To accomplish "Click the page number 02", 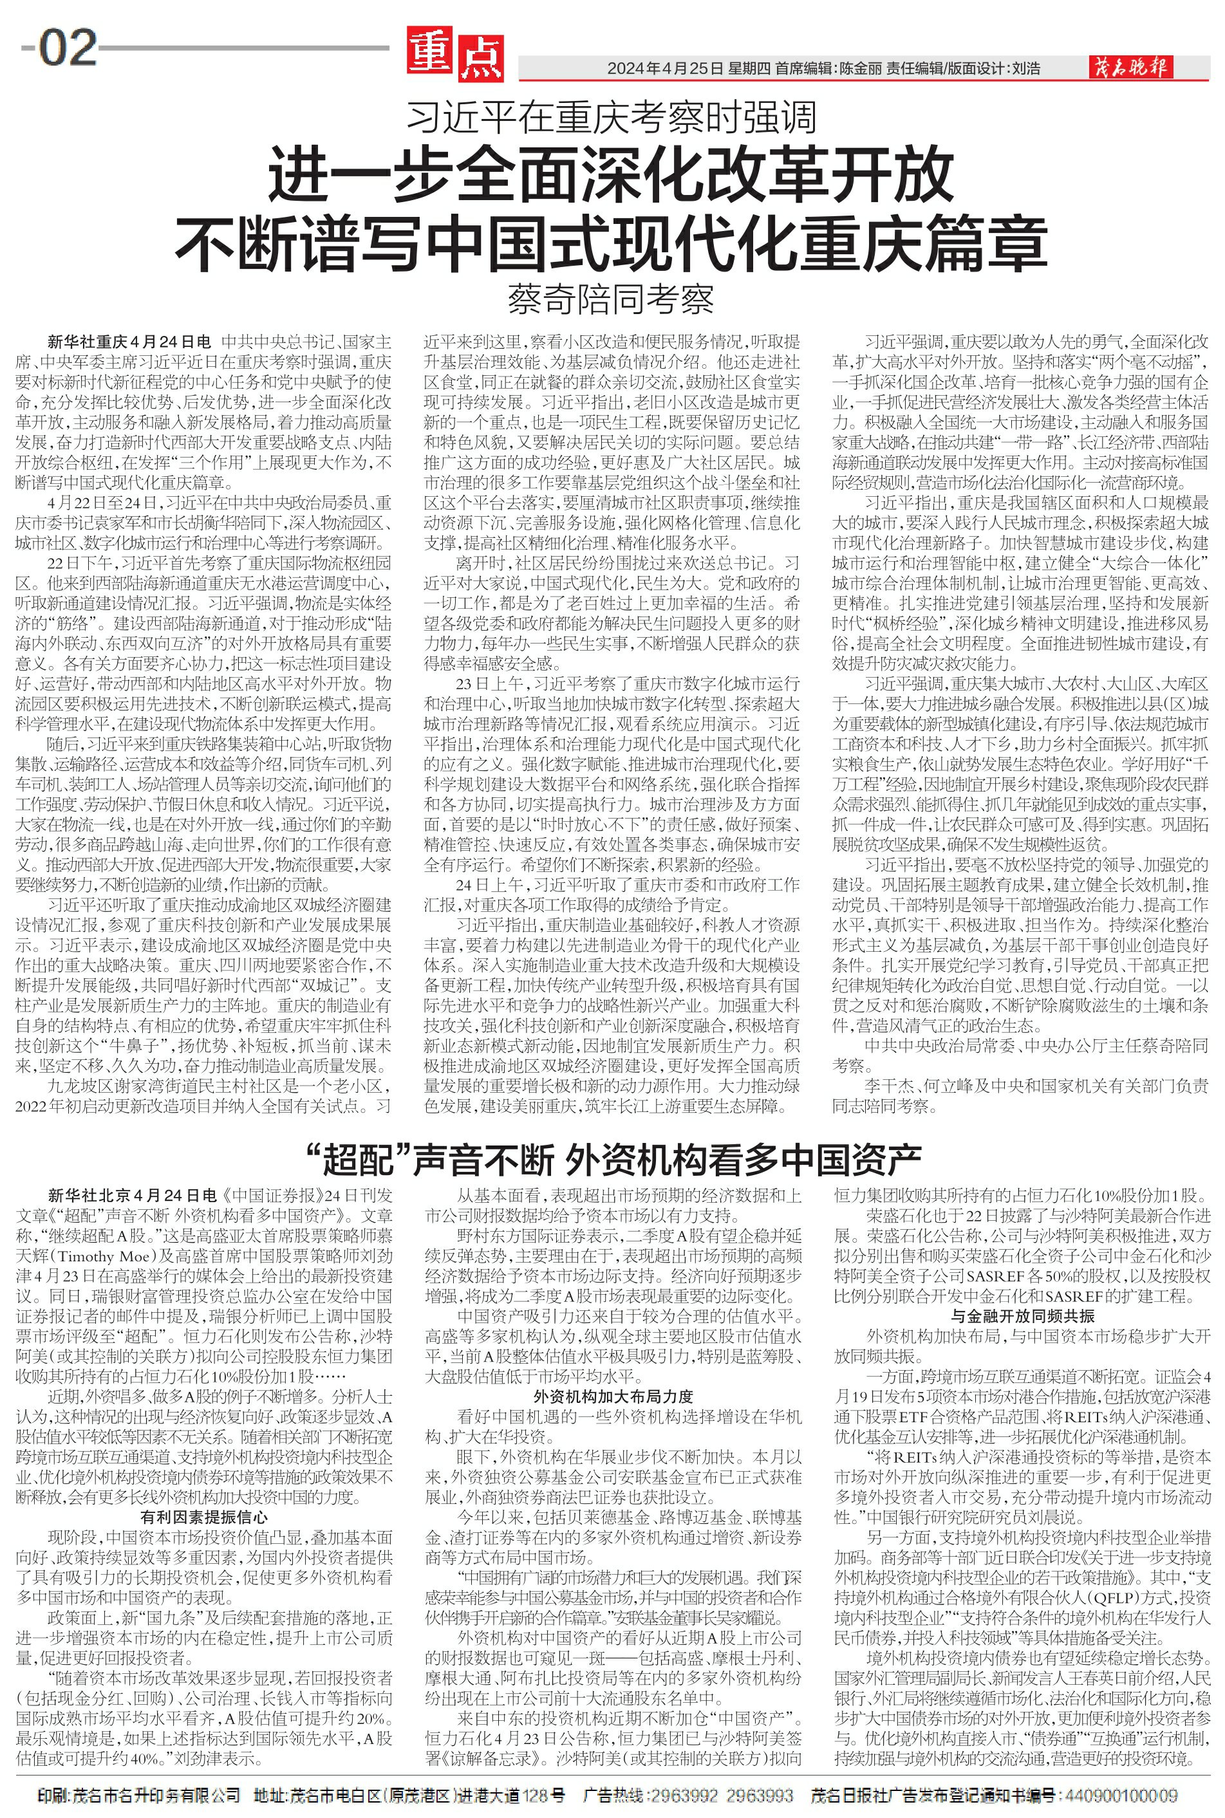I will coord(68,48).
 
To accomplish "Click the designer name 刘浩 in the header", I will coord(1026,69).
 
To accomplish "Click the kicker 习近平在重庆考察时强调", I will coord(612,118).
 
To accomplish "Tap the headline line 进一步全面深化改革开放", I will coord(612,176).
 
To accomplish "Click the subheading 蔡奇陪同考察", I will coord(612,300).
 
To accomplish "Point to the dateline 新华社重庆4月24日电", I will coord(129,342).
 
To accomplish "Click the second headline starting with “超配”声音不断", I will coord(612,1160).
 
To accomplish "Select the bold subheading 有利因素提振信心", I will coord(205,1517).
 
